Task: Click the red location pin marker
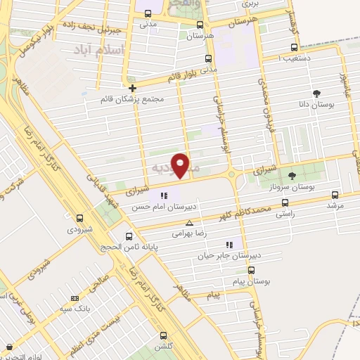tap(181, 165)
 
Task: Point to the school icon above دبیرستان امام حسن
tap(164, 195)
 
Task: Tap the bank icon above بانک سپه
tap(75, 297)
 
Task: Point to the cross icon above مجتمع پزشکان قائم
tap(131, 88)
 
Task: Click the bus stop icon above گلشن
tap(164, 336)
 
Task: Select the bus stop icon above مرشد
tap(334, 195)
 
